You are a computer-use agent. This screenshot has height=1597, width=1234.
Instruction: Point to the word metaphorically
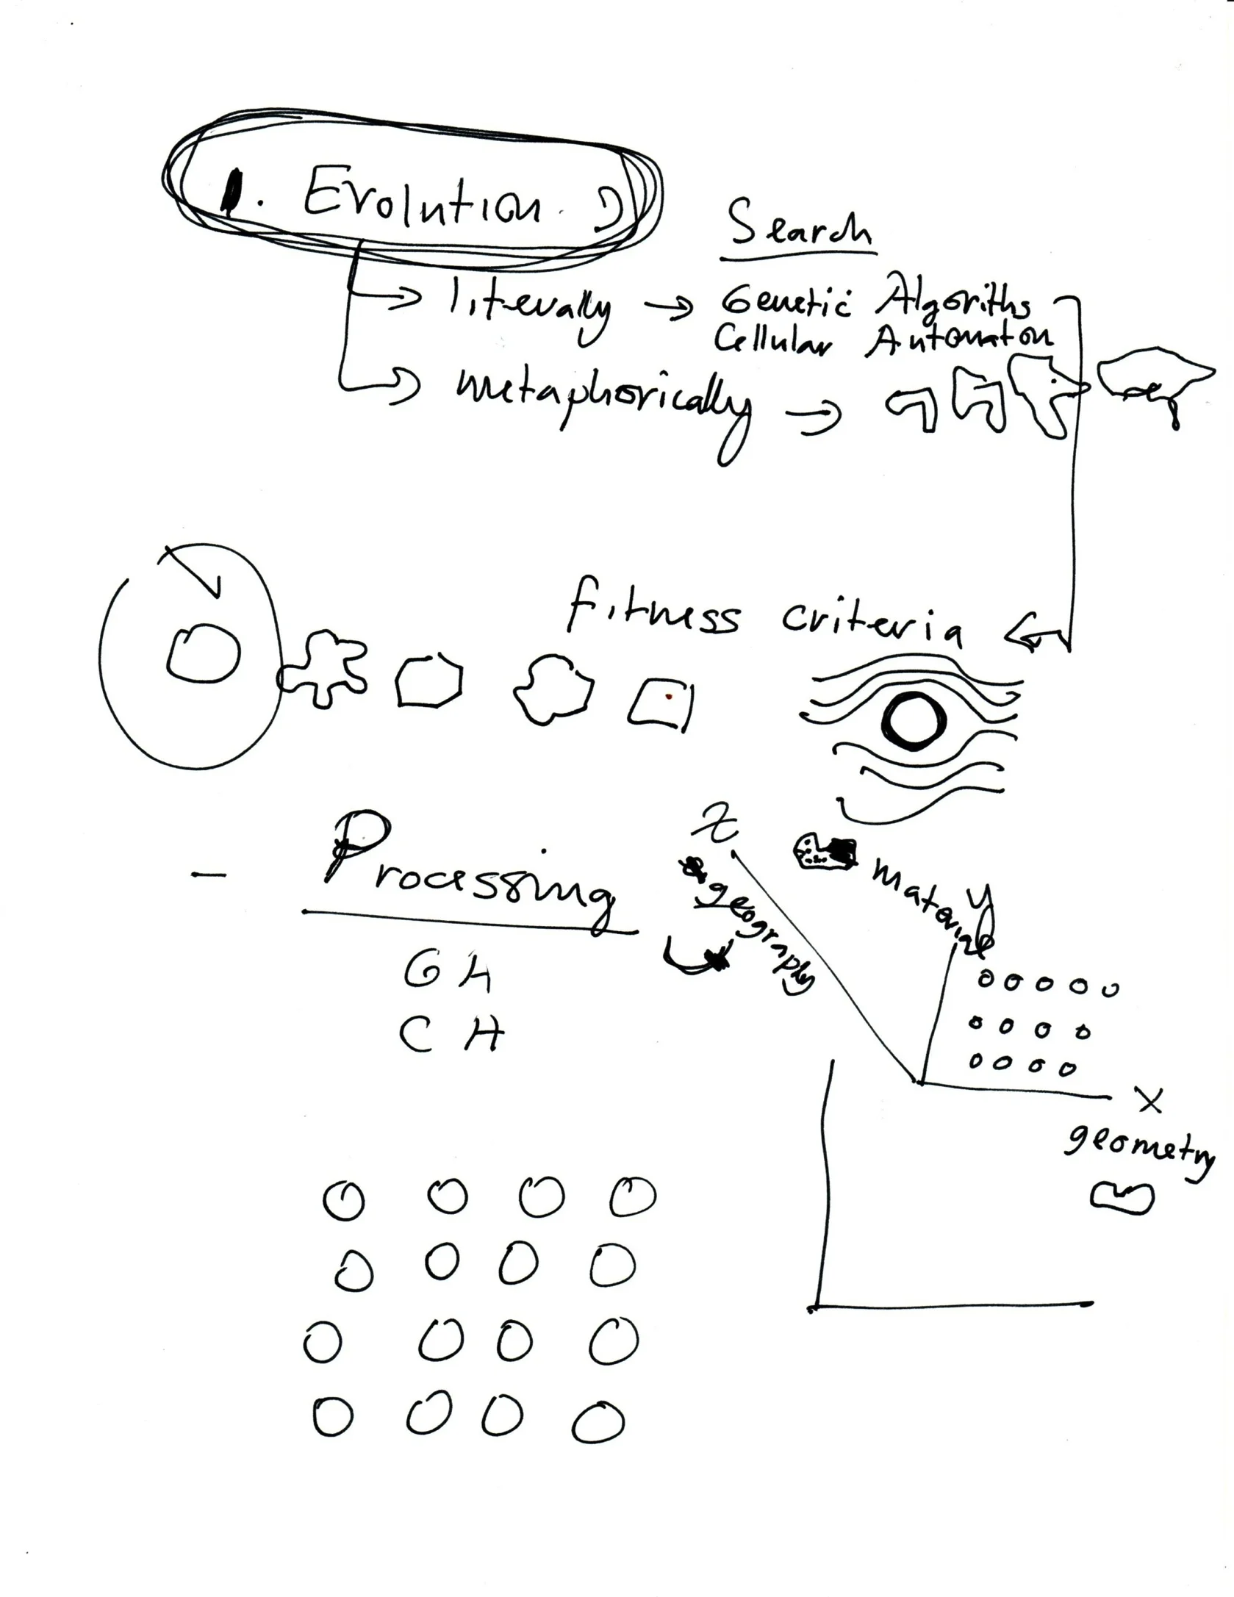click(x=603, y=401)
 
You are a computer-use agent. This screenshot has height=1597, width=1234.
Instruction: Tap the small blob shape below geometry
click(x=1120, y=1198)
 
